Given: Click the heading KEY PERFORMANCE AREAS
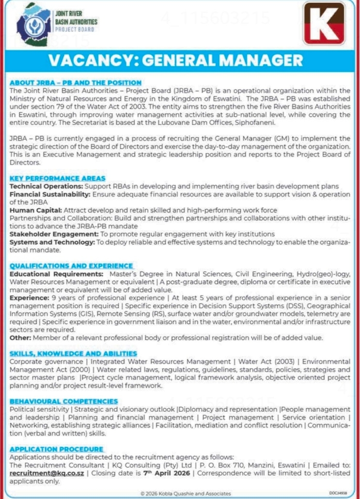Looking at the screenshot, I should [58, 178].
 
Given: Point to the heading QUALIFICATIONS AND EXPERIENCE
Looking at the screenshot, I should [71, 266].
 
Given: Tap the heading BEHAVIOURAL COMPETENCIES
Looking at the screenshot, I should [64, 401].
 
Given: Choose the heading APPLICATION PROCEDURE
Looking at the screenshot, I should [56, 449].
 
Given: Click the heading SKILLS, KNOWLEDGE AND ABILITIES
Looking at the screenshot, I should [74, 353].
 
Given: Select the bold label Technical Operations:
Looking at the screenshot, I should [47, 186].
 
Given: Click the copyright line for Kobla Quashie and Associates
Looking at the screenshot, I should [186, 493].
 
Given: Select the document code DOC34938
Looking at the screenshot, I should [339, 493].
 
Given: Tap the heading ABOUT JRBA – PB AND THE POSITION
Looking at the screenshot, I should [76, 83].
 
